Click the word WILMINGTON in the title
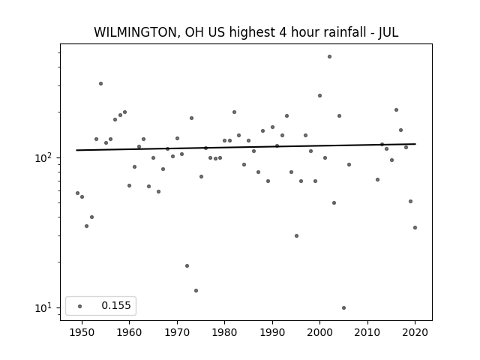click(135, 32)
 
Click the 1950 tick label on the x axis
click(82, 332)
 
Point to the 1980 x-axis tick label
click(224, 332)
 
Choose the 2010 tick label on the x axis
click(367, 332)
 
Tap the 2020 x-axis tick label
click(415, 332)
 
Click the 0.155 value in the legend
click(116, 305)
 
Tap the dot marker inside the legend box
click(80, 306)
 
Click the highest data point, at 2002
click(329, 57)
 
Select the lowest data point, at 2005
click(343, 307)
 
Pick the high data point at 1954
click(100, 83)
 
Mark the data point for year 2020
click(415, 227)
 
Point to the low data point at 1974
click(196, 290)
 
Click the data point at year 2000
click(320, 95)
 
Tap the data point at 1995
click(296, 235)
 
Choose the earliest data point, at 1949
click(77, 193)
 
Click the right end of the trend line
click(415, 144)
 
